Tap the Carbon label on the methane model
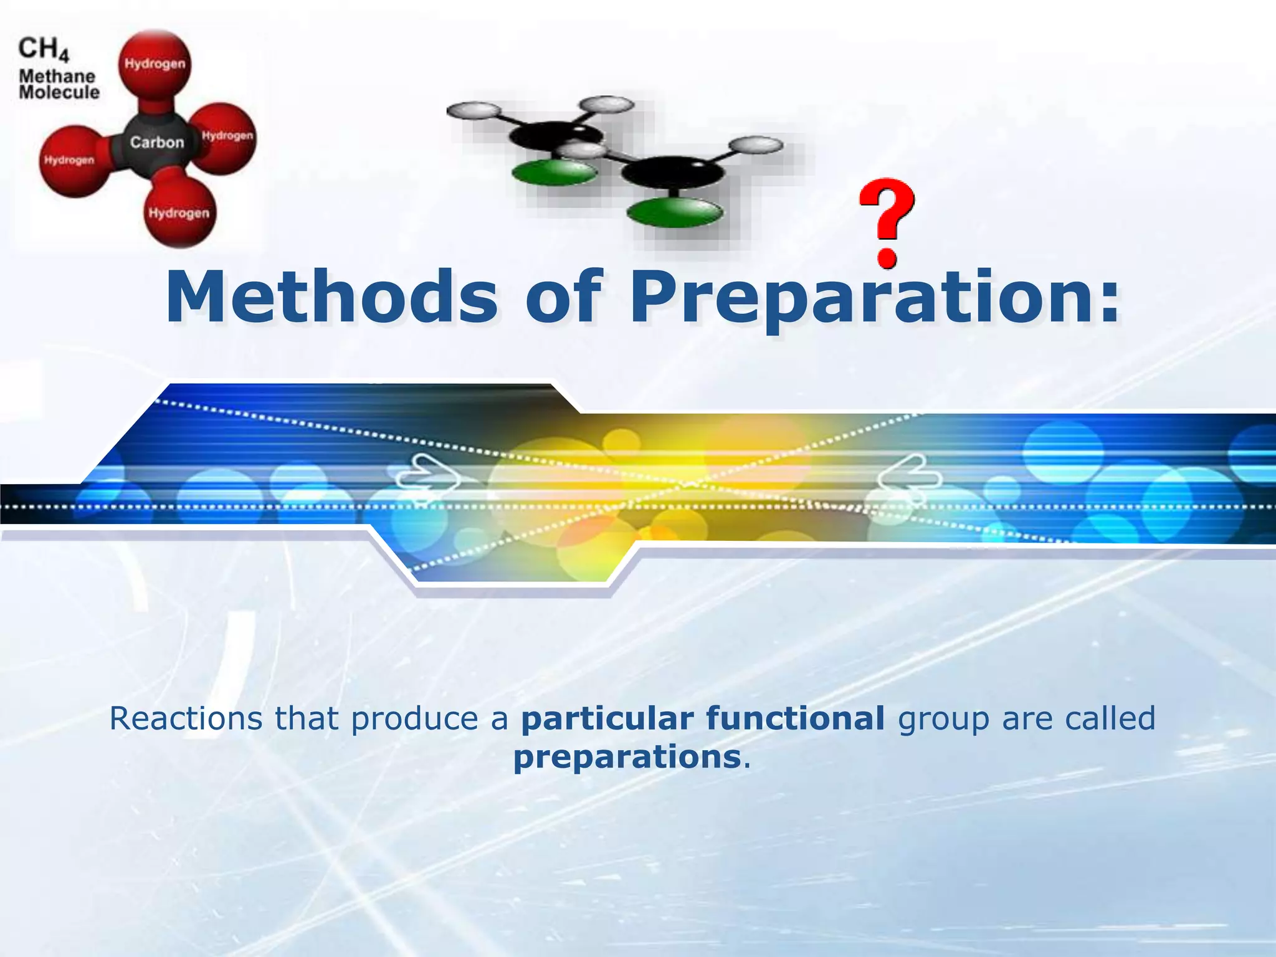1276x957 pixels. [x=157, y=143]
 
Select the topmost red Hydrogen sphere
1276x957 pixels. [x=155, y=64]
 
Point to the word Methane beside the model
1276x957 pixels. [x=57, y=76]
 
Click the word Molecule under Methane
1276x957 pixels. [x=59, y=93]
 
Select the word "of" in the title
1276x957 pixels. [x=564, y=297]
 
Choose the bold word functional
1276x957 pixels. [x=795, y=718]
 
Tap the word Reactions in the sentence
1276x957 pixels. [x=186, y=718]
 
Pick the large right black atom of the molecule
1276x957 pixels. [x=673, y=172]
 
